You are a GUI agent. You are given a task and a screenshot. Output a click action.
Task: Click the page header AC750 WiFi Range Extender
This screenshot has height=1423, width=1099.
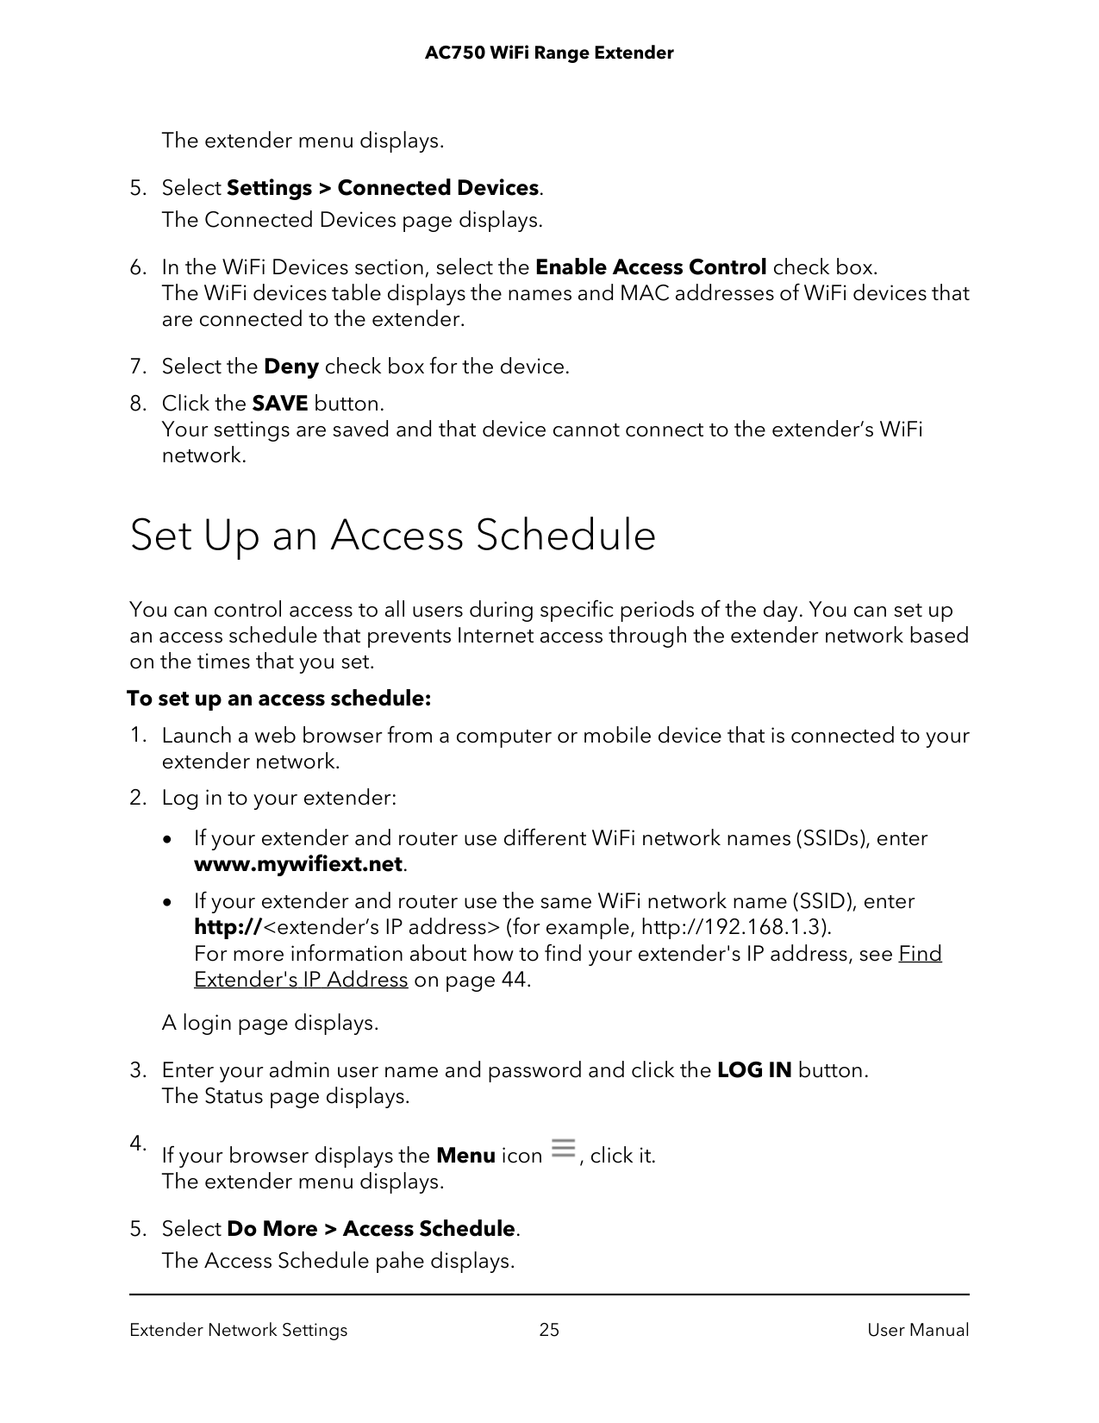tap(549, 53)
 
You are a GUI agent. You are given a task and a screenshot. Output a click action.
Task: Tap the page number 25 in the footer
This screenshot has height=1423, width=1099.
tap(549, 1330)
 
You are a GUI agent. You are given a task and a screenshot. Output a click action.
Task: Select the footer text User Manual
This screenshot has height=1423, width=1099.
tap(918, 1330)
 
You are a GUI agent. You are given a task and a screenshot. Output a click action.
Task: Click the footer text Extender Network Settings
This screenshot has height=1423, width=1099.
tap(238, 1330)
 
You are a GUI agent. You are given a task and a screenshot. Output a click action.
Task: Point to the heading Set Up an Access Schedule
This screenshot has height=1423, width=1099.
tap(392, 535)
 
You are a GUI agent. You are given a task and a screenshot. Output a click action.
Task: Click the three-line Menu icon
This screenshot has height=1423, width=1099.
tap(563, 1149)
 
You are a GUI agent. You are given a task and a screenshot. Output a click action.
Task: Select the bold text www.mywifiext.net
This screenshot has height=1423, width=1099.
tap(298, 864)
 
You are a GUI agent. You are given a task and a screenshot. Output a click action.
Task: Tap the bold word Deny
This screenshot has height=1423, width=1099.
tap(291, 367)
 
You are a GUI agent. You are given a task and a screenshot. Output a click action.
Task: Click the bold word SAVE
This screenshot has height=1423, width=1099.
tap(279, 404)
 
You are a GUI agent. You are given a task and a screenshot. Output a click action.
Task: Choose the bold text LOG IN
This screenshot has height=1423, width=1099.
tap(754, 1070)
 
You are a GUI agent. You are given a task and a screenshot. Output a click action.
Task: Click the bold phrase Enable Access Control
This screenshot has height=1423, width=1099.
tap(651, 267)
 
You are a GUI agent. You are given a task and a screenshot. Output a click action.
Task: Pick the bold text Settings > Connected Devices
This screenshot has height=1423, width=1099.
tap(383, 188)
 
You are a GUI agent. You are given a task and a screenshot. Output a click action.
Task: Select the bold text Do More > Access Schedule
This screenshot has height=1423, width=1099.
tap(371, 1228)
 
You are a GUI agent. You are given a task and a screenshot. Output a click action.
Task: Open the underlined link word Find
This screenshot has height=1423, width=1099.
tap(920, 954)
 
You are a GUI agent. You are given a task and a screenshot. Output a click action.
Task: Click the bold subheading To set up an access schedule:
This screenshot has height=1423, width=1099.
tap(279, 699)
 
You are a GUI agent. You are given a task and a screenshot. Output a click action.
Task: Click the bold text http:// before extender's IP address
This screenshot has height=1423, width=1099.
tap(228, 927)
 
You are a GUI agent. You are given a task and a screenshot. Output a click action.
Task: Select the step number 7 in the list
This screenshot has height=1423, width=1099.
tap(136, 367)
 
